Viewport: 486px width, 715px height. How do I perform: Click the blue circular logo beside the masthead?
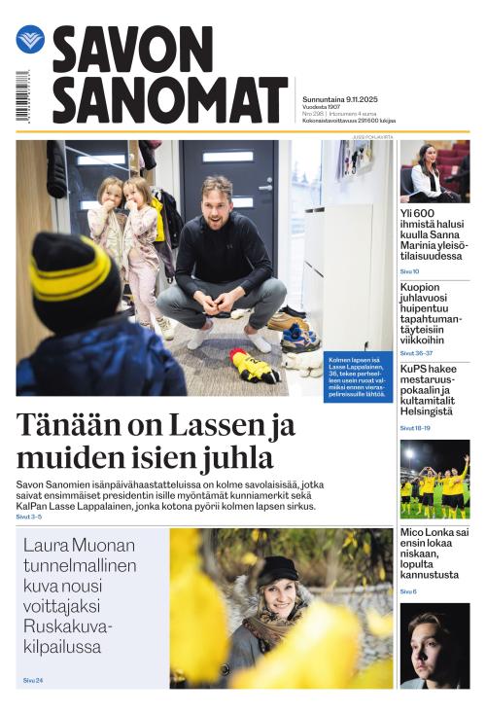(30, 39)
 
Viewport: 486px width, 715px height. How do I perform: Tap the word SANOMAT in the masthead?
(170, 99)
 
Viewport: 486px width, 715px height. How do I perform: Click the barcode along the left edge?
(21, 96)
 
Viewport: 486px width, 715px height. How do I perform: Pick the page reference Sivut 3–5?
(29, 518)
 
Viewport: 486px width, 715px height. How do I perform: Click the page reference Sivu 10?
(409, 271)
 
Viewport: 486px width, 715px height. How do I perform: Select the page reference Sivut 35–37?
(415, 353)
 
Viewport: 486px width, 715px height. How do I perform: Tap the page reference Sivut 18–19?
(415, 428)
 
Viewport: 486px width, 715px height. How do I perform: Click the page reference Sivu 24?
(32, 680)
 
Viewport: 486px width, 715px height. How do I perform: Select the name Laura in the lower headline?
(48, 545)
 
